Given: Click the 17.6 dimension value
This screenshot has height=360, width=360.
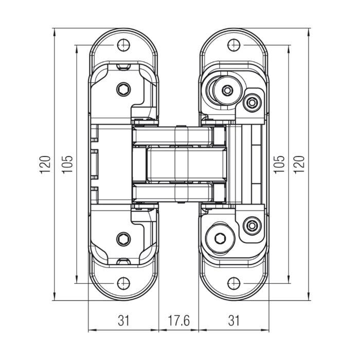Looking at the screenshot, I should pos(179,320).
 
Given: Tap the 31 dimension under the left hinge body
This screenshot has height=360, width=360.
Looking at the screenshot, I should pos(123,320).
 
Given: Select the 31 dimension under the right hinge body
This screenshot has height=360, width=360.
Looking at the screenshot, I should pos(234,320).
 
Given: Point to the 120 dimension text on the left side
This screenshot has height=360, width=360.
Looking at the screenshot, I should pos(46,164).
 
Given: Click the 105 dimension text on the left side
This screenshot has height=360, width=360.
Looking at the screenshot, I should pos(67,164).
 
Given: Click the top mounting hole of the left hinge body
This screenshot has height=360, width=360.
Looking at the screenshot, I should pos(123,45).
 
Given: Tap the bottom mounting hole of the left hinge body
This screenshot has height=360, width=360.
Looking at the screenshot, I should pos(123,283).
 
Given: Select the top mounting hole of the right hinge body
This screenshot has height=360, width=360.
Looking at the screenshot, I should pos(234,45).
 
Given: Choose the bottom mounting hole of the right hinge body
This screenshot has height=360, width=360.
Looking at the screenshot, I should pos(234,283).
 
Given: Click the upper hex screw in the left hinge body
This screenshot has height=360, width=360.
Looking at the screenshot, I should pos(123,89).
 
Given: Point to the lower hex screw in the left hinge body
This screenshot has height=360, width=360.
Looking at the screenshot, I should pos(123,239).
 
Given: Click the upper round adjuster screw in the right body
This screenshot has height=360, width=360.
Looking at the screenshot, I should pos(227,91).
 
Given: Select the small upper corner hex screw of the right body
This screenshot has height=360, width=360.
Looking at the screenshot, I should pos(251,103).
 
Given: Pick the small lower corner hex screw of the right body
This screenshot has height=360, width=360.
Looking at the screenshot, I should pos(251,225).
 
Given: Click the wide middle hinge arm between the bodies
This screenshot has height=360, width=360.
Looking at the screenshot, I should pos(180,164).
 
